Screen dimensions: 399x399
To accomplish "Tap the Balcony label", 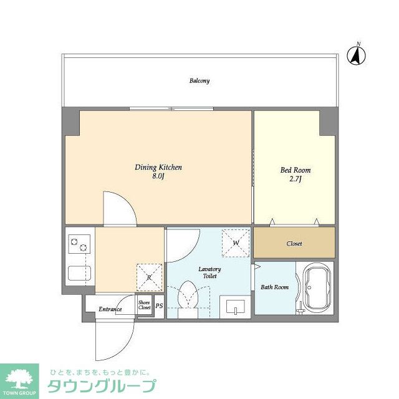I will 199,81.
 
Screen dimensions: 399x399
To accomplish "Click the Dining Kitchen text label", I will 158,168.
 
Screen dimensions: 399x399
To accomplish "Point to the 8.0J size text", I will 158,176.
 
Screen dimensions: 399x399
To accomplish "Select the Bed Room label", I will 296,170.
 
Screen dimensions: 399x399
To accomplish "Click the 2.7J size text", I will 296,180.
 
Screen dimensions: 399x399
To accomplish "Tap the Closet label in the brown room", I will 294,244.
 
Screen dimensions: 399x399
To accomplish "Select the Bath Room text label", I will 274,287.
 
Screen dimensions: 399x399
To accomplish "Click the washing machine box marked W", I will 236,243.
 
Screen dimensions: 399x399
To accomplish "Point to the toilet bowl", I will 187,297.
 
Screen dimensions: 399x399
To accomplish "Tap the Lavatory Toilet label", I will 209,272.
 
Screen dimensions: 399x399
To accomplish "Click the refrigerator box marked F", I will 150,276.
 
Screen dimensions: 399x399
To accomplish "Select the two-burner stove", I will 79,244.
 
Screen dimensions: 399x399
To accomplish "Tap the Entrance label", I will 110,309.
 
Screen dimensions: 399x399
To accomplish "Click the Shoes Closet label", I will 145,305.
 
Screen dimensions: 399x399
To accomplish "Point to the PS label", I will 159,306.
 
